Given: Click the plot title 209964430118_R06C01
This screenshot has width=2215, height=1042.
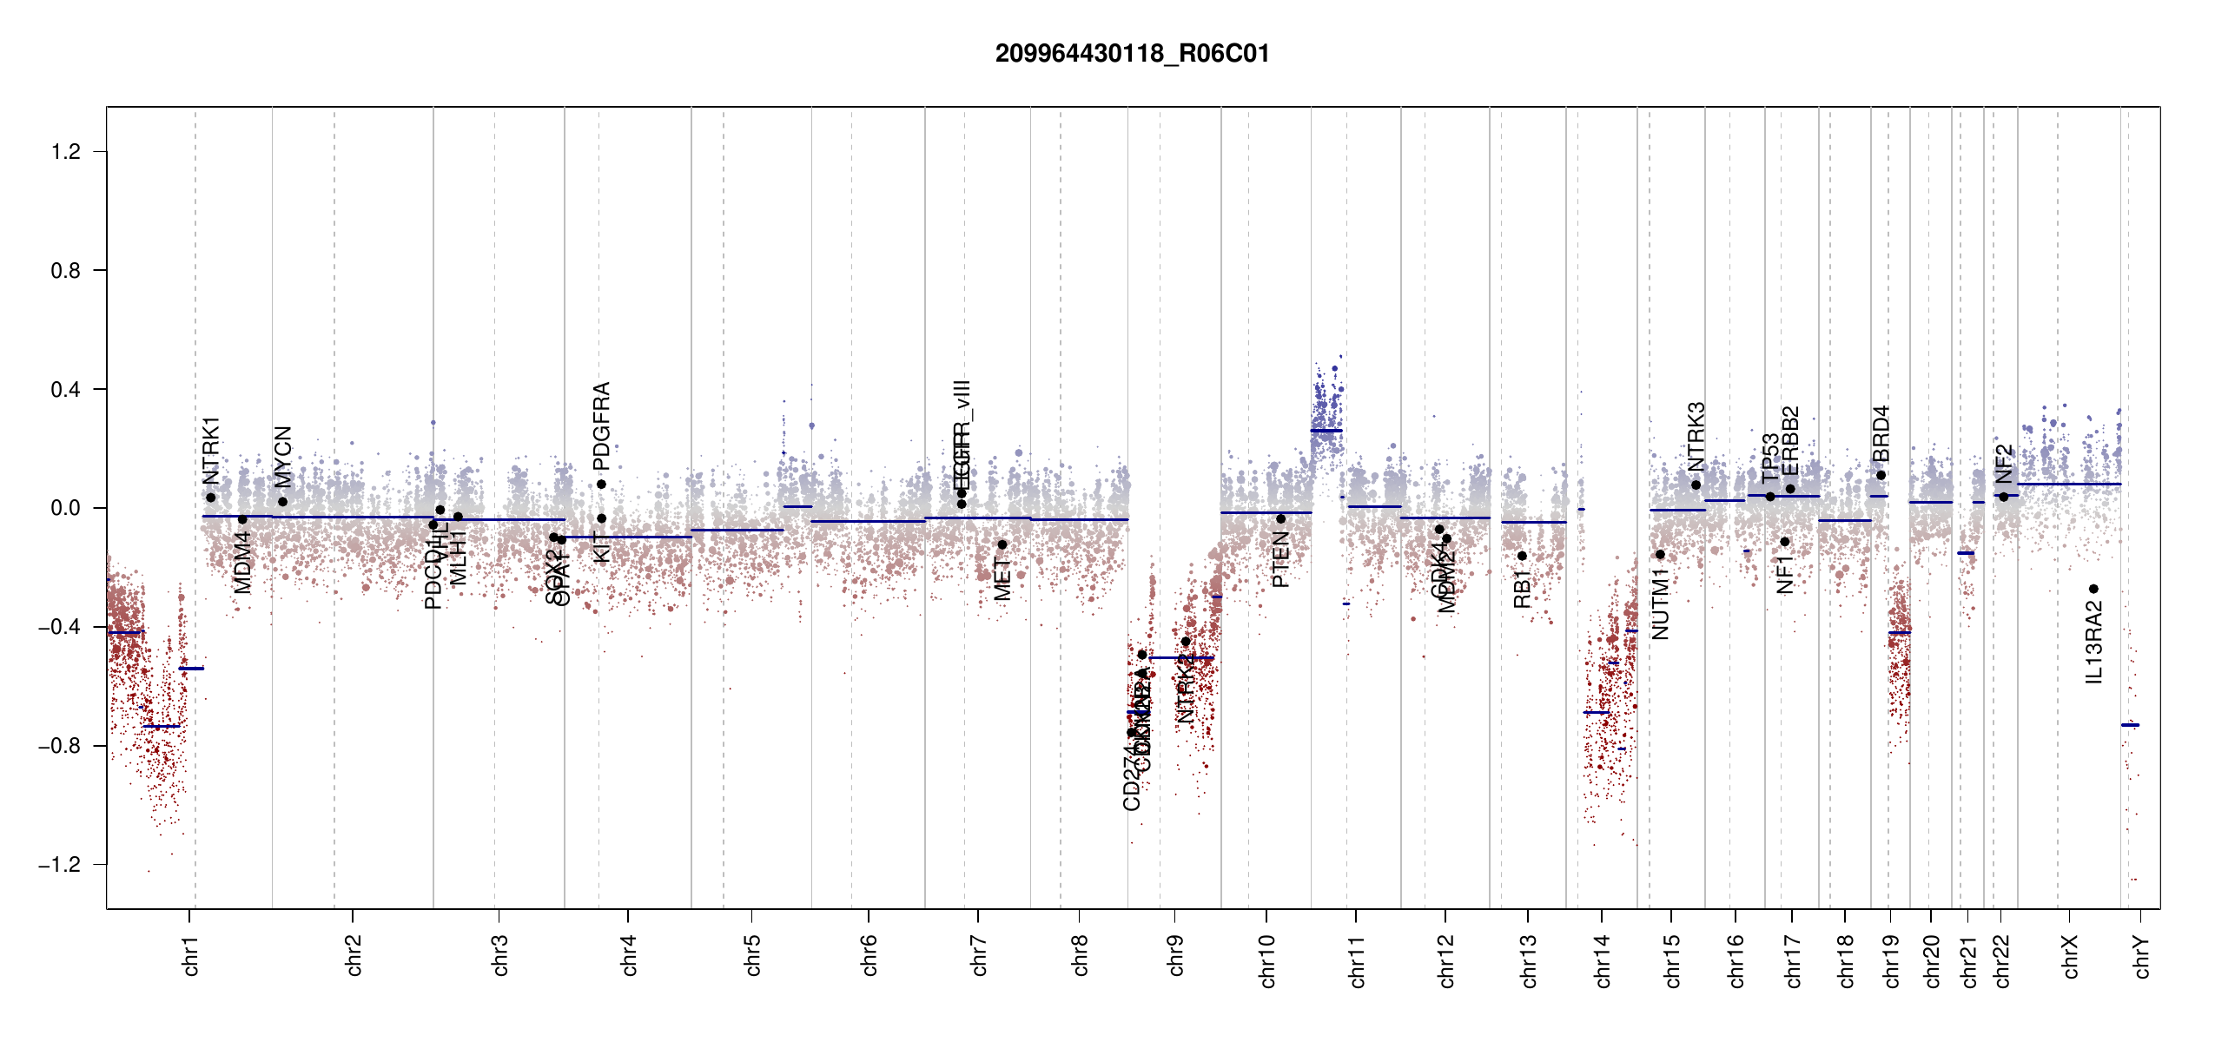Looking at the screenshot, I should pos(1132,54).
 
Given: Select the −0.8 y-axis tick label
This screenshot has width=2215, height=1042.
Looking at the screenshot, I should pos(60,746).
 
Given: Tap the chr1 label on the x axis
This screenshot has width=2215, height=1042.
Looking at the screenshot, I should pos(191,956).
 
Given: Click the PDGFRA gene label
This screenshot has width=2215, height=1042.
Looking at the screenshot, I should pos(601,425).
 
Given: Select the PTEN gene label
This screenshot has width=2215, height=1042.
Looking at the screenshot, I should pos(1280,560).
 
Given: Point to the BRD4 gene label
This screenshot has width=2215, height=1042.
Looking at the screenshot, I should pos(1881,434).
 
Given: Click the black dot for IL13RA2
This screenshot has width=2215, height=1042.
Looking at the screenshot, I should pos(2093,589).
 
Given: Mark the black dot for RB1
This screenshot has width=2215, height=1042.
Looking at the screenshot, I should pos(1522,556).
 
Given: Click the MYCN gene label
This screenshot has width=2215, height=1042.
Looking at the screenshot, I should pos(283,457).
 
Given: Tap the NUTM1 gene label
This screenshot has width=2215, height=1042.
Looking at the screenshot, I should pos(1661,604).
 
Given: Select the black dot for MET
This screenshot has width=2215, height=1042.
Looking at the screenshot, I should pos(1002,544).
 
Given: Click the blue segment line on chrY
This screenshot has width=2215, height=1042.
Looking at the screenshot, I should pos(2130,725).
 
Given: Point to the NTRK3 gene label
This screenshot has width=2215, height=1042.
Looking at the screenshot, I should pos(1696,437).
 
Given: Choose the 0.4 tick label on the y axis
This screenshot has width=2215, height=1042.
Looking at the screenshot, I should pos(66,390).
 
